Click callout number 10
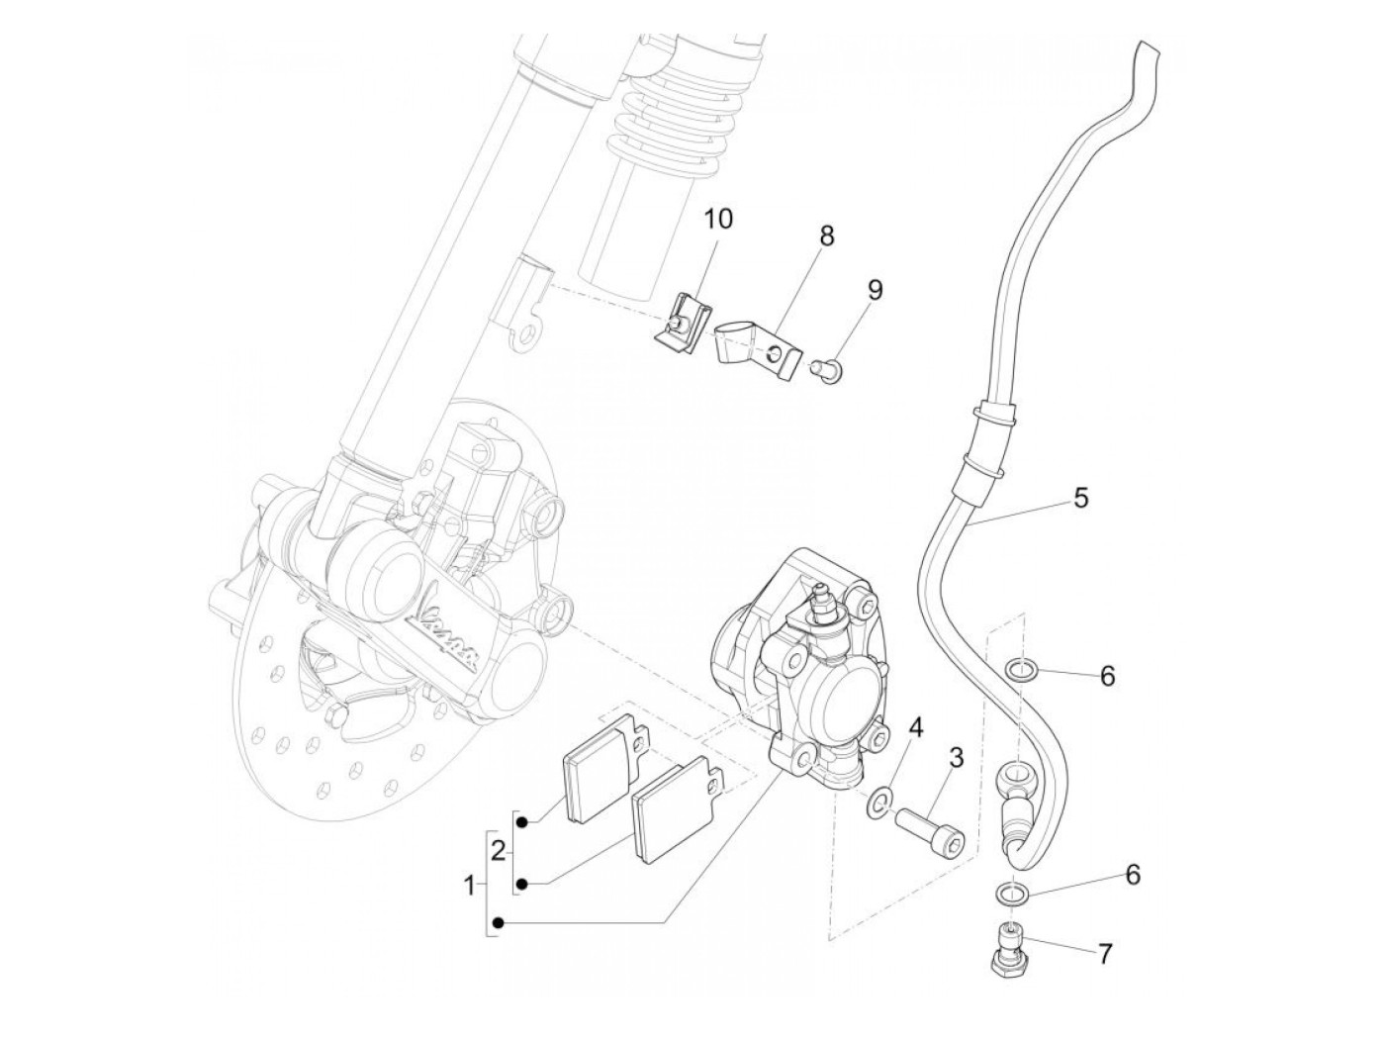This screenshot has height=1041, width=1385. tap(719, 220)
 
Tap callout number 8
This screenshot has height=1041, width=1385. tap(827, 237)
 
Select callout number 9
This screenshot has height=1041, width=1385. tap(875, 290)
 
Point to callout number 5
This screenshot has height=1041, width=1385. tap(1080, 498)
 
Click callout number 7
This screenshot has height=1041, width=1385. tap(1105, 954)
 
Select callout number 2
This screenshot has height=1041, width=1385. tap(499, 849)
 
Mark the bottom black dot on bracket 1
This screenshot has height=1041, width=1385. tap(499, 923)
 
